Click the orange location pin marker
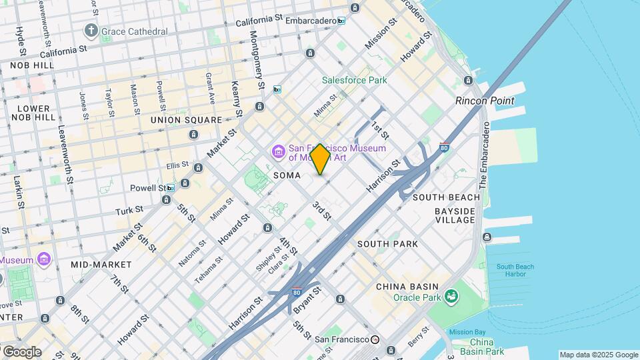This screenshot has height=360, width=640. coord(321,159)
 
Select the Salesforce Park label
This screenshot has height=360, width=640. coord(354,80)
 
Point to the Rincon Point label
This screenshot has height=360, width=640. coord(485,101)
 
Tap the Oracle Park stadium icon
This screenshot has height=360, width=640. coord(452,295)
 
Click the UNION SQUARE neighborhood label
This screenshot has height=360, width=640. coord(186,120)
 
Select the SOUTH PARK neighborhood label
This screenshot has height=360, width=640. coord(387,244)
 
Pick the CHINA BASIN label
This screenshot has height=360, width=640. coord(407,287)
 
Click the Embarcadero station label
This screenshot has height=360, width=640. coord(311,21)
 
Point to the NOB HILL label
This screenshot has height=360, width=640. coord(32,65)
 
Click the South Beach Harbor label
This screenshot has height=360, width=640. coord(515,271)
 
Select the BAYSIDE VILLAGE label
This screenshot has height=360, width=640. coord(455,215)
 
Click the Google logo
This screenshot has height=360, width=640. coord(21,352)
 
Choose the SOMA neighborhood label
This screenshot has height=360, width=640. coord(288,175)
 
